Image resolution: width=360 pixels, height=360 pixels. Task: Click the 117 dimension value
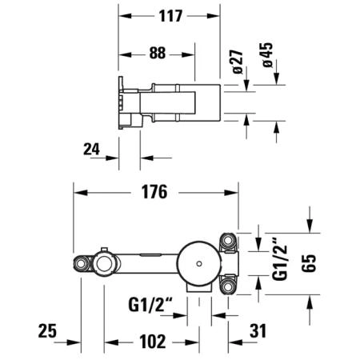(170, 16)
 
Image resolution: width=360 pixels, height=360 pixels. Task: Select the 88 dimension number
(158, 53)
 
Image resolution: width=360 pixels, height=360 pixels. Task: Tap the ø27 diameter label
(238, 62)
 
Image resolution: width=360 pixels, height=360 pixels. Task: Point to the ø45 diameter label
(267, 54)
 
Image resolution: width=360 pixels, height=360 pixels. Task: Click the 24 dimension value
(91, 149)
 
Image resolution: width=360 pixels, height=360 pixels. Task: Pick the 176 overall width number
(154, 192)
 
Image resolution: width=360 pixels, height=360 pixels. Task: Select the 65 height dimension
(309, 263)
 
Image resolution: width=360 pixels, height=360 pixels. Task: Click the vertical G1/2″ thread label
(280, 262)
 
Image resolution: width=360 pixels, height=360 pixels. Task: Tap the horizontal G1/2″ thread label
(150, 305)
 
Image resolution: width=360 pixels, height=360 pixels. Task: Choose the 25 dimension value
(47, 331)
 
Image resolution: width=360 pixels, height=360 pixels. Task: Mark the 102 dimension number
(153, 342)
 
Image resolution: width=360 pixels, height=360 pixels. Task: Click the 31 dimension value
(258, 331)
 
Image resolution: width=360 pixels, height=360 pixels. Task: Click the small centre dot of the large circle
(198, 264)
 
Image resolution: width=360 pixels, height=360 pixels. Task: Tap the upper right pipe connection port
(227, 241)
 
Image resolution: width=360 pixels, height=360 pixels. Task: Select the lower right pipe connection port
(227, 287)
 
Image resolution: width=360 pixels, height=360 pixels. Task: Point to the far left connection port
(80, 264)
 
